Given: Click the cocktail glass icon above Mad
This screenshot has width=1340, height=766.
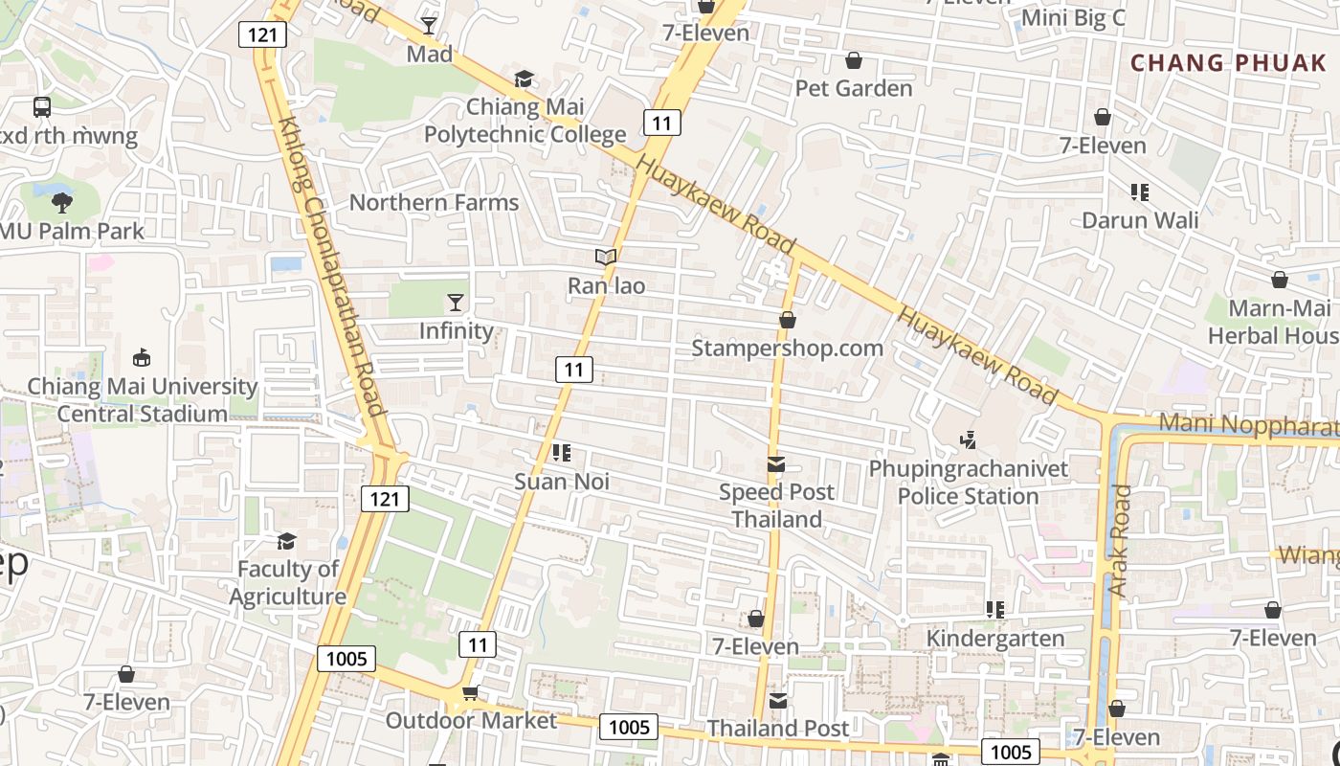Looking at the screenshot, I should click(429, 26).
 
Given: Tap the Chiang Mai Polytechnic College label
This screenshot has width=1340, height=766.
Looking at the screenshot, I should click(525, 121).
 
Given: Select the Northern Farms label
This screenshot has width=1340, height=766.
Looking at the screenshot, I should click(434, 203).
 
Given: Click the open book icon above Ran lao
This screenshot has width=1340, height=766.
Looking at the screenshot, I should click(605, 257).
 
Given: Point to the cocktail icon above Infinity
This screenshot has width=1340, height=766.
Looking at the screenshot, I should click(456, 303).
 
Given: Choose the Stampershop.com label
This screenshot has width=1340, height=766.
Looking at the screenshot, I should click(787, 348).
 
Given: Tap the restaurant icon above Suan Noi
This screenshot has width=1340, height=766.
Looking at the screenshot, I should click(562, 452).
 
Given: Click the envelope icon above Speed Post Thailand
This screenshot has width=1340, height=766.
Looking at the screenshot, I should click(776, 464).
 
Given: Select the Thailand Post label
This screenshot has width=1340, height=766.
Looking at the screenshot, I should click(777, 729).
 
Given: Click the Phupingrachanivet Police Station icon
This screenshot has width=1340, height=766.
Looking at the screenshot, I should click(969, 440).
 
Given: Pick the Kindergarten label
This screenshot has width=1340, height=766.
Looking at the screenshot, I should click(995, 639).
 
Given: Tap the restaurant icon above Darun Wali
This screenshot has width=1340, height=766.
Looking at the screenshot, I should click(1139, 192).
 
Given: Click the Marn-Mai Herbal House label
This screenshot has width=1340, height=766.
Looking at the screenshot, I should click(1273, 322).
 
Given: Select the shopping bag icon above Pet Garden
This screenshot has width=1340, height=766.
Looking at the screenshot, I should click(854, 61).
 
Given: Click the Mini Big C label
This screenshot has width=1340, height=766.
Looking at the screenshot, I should click(1073, 18).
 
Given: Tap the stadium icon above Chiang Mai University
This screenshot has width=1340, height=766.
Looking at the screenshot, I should click(142, 358).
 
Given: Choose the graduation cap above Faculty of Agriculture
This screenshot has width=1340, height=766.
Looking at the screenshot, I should click(286, 542).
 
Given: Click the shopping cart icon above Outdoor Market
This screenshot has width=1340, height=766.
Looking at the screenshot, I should click(470, 692).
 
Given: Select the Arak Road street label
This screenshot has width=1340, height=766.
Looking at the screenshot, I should click(1120, 541).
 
